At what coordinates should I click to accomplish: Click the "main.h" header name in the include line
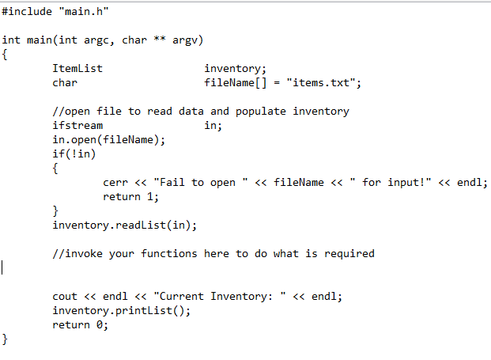pos(84,12)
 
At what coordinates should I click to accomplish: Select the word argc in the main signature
pos(96,40)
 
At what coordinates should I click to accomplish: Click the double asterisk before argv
pos(160,39)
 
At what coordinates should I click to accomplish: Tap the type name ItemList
pos(77,68)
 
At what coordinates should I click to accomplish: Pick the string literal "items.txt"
pos(321,83)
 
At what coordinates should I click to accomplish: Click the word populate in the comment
pos(261,112)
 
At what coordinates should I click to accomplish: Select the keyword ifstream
pos(77,125)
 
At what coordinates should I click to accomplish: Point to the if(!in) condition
pos(74,153)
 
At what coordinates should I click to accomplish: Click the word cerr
pos(115,182)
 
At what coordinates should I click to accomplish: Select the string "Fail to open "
pos(201,182)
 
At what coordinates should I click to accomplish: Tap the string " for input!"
pos(391,182)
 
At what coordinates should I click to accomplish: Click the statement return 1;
pos(131,197)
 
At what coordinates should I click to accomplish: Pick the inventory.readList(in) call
pos(125,225)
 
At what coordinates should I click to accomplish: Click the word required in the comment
pos(349,254)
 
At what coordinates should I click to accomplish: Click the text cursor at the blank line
pos(2,267)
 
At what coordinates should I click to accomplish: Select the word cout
pos(65,297)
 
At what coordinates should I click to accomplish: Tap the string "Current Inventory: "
pos(220,297)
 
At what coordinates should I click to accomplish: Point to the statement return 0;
pos(80,325)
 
